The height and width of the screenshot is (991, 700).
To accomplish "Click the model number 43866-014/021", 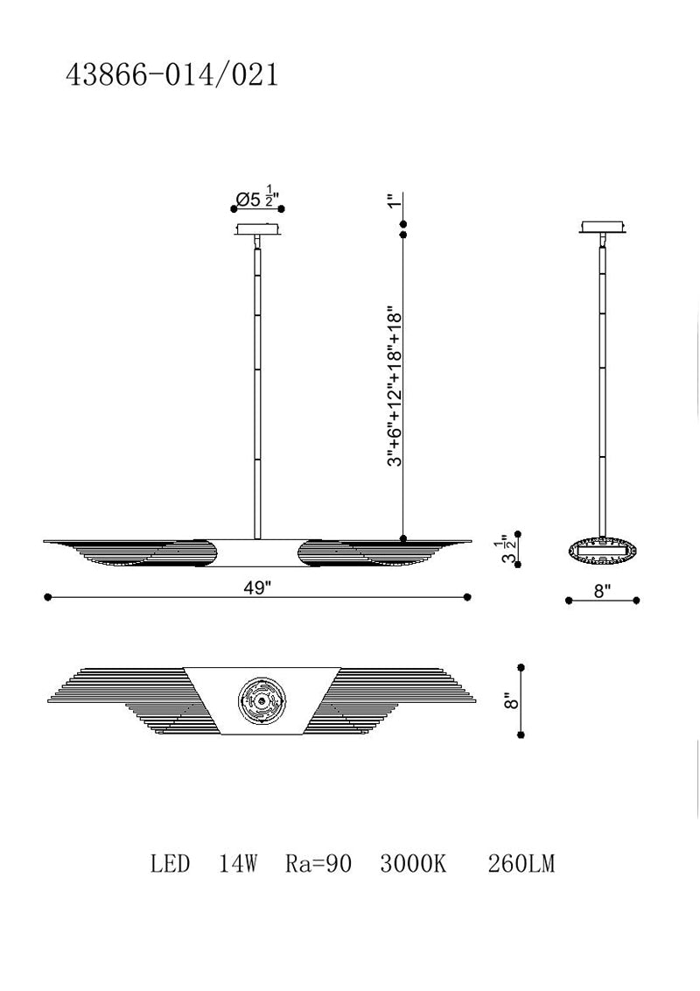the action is pos(171,75).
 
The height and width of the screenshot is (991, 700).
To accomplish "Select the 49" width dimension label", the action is pos(257,587).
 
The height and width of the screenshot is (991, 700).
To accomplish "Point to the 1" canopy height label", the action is pos(395,201).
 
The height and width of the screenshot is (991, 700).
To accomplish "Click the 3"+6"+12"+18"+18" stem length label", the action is pos(395,387).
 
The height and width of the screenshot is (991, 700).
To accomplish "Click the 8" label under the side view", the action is pos(602,591).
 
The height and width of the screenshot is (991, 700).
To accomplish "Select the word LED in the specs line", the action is pos(170,863).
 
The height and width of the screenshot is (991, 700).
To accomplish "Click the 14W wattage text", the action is pos(237,863).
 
